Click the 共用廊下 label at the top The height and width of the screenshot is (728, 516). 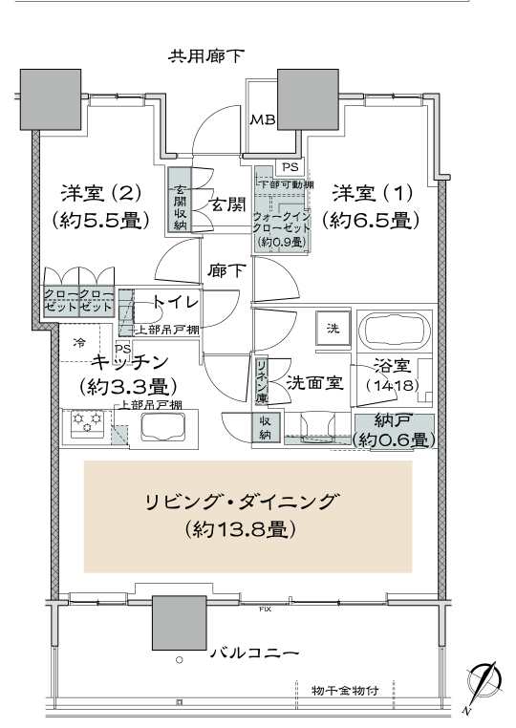(x=205, y=56)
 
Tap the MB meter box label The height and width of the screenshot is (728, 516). (x=263, y=120)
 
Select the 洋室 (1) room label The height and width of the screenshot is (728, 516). (x=373, y=193)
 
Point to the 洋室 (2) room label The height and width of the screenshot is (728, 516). (x=100, y=193)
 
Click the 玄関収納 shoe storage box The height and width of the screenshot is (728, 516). (x=180, y=199)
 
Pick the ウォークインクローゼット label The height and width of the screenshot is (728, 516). (x=282, y=223)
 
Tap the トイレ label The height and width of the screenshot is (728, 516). (x=176, y=302)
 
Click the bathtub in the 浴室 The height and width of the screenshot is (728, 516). (x=396, y=332)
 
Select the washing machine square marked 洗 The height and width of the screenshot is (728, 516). (x=333, y=328)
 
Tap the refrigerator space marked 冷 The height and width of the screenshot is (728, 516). (x=79, y=343)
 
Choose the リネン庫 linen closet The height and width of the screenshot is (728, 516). (x=262, y=380)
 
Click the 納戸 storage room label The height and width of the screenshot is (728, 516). (x=393, y=420)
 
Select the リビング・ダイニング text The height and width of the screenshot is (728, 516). (x=240, y=503)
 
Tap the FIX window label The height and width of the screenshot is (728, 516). (x=266, y=609)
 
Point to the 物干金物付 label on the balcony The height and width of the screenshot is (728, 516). (x=346, y=691)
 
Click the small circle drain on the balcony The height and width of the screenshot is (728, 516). (x=180, y=660)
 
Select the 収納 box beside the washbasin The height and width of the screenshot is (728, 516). (x=266, y=428)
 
